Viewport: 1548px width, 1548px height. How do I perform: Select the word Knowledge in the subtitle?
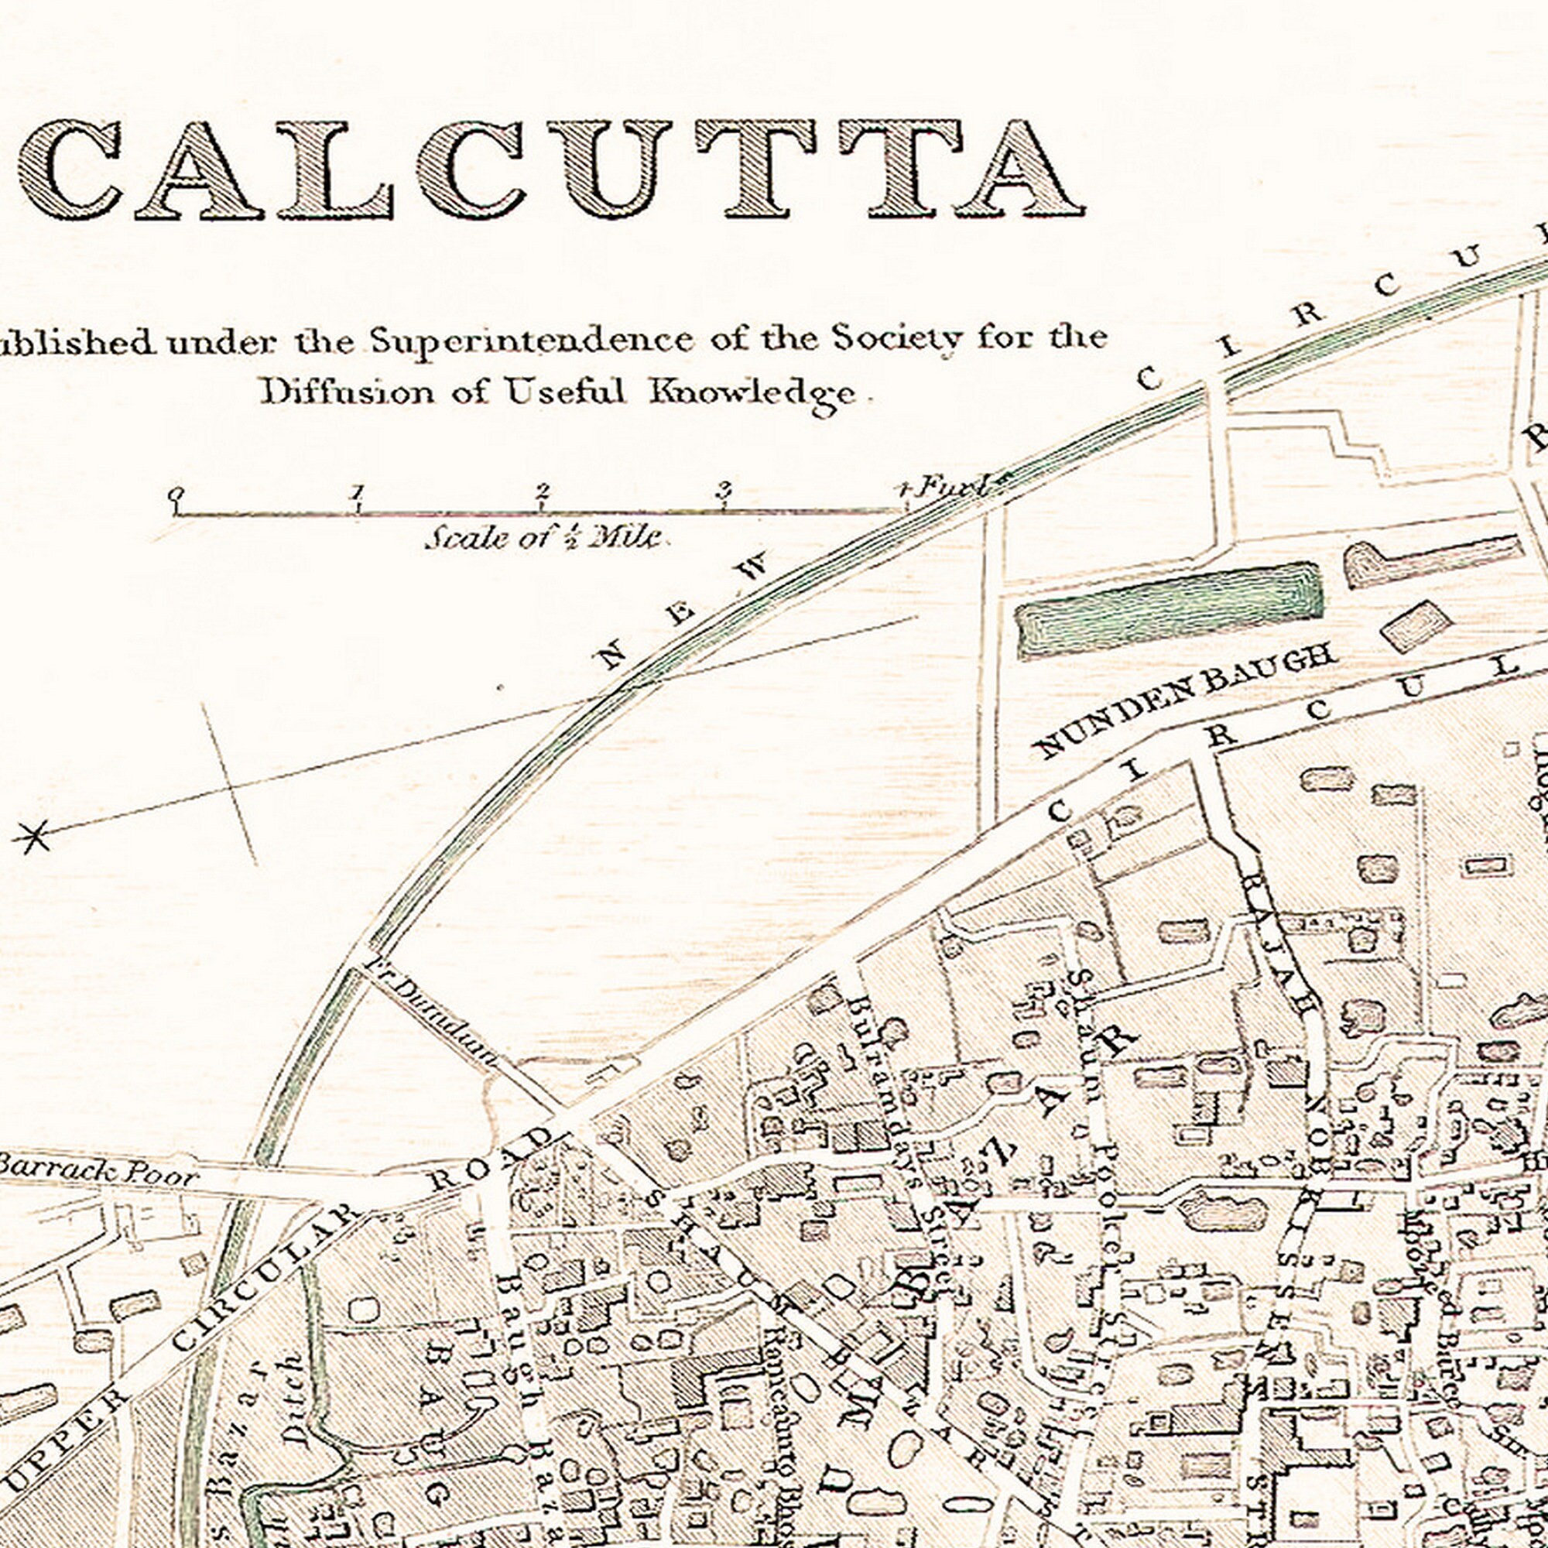pyautogui.click(x=752, y=393)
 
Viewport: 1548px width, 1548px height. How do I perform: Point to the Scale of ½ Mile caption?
pyautogui.click(x=544, y=537)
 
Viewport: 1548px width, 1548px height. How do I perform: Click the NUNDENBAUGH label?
pyautogui.click(x=1186, y=701)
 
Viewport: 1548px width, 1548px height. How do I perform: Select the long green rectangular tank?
pyautogui.click(x=1170, y=611)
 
